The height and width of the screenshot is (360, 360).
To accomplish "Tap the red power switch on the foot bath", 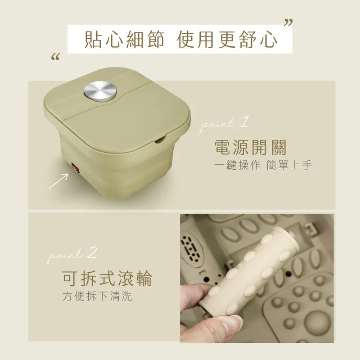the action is point(75,168).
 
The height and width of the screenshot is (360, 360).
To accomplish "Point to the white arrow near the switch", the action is point(58,181).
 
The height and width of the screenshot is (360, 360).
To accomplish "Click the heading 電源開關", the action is point(251,148).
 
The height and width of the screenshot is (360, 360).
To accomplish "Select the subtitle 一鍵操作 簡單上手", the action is point(263,165).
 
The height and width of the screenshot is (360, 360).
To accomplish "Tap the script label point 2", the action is point(72,256).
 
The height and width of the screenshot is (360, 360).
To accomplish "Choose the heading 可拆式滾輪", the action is point(107,278).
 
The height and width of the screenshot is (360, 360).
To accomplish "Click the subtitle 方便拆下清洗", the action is point(97,296).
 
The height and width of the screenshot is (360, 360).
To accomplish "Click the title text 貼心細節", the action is point(125,40).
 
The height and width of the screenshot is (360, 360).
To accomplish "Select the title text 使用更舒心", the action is point(227,40).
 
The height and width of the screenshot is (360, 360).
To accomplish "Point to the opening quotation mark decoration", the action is point(55,57).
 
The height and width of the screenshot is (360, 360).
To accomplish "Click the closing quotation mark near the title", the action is point(288,23).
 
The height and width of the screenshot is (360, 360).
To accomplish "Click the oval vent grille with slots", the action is point(193,248).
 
